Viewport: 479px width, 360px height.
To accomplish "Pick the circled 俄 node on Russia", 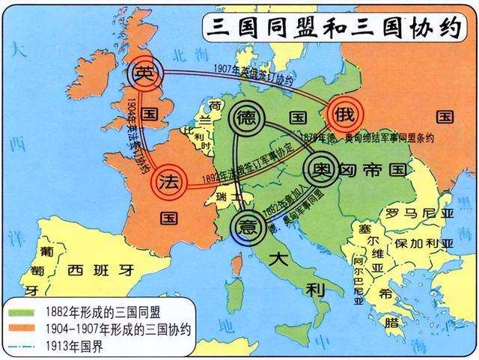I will (x=345, y=115).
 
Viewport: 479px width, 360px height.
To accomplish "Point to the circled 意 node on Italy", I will (x=246, y=224).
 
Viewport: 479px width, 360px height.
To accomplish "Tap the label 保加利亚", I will (x=424, y=244).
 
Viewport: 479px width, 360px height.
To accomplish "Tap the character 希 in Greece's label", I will (x=386, y=294).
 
